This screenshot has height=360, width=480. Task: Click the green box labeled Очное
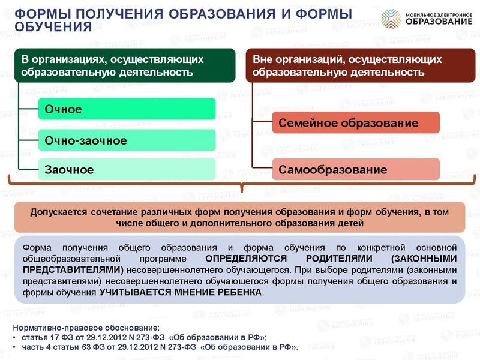(x=126, y=109)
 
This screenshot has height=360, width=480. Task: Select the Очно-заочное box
(x=126, y=140)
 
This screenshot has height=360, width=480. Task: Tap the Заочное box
(x=126, y=170)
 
